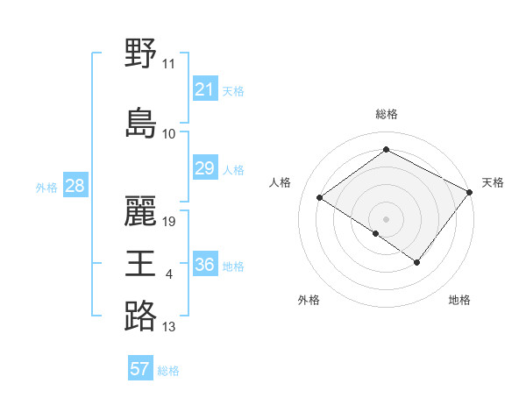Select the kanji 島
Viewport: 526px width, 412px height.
pos(140,123)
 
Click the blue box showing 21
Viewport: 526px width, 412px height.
pos(205,89)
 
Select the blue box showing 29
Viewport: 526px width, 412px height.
pos(205,168)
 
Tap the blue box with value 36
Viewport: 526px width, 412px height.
pos(205,265)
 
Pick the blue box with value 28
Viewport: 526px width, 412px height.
pos(75,186)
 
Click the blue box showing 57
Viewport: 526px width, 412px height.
pos(140,369)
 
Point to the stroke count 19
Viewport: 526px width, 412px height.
pos(170,222)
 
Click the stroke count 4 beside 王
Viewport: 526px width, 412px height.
pos(169,276)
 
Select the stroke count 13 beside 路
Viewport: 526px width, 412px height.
pos(169,328)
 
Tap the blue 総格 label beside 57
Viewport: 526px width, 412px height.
pos(168,371)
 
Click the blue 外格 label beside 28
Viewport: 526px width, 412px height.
pos(46,188)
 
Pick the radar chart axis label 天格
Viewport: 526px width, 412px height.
pos(493,182)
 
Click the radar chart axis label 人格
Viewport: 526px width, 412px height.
pos(281,182)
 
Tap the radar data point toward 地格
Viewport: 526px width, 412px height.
pos(417,262)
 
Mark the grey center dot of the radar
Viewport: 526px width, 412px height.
pos(386,218)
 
